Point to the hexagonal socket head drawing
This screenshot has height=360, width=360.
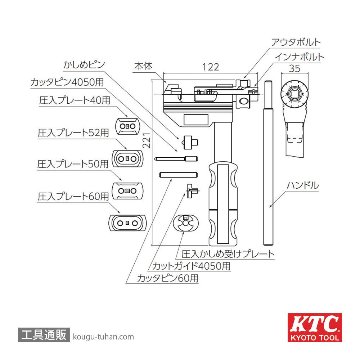[x=300, y=121]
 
